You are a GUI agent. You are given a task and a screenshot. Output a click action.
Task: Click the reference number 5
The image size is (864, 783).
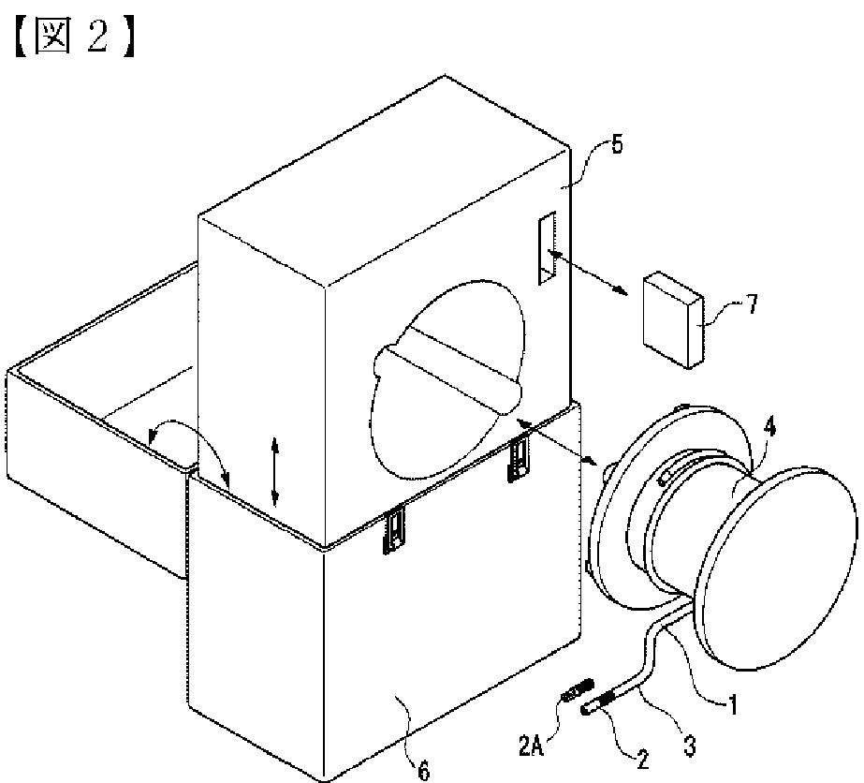(x=617, y=144)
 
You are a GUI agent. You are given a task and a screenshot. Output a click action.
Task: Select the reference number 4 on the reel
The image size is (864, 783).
(x=769, y=426)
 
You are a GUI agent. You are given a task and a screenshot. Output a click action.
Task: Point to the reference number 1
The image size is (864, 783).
(x=733, y=704)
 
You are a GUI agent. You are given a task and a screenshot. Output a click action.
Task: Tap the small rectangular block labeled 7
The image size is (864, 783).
(x=673, y=319)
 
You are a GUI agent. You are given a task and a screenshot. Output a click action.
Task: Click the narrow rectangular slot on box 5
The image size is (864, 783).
(x=548, y=247)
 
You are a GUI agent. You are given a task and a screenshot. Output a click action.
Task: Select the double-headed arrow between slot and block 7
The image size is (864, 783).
(x=587, y=273)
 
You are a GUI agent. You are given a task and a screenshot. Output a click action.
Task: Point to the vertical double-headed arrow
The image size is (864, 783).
(x=275, y=471)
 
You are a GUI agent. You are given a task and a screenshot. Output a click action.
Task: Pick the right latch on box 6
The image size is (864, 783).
(x=519, y=458)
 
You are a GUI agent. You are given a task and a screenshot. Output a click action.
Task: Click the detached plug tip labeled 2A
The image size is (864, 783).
(x=577, y=689)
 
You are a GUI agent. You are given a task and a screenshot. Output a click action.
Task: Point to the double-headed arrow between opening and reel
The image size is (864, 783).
(x=557, y=440)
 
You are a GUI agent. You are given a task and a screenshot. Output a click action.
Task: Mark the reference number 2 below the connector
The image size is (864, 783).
(x=642, y=760)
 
